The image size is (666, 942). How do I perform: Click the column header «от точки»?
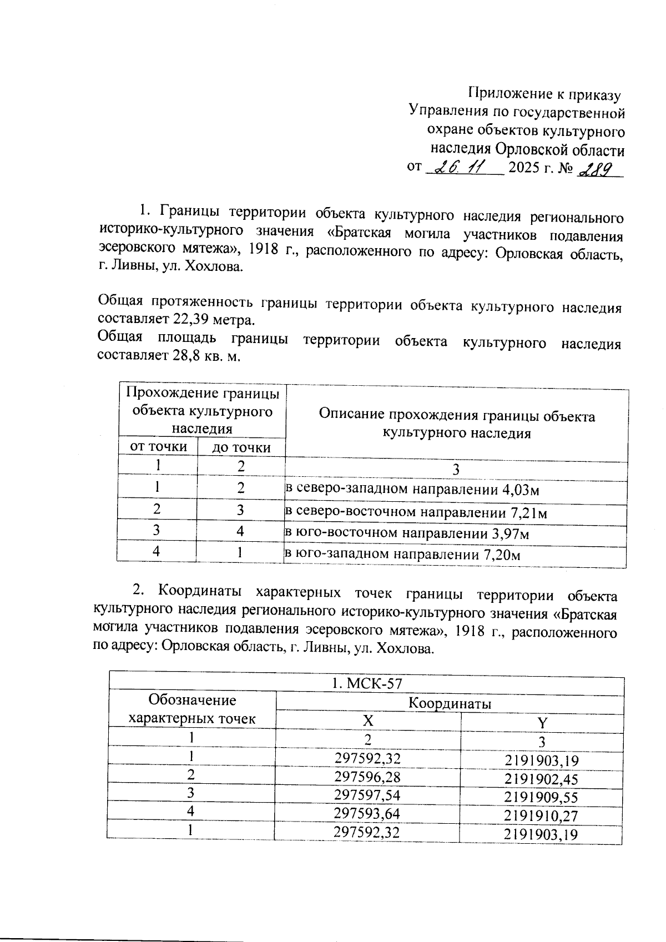coord(158,446)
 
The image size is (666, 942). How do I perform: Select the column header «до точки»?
coord(241,447)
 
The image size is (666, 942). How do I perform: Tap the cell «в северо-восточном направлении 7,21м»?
coord(416,512)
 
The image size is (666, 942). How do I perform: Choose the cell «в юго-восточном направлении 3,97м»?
coord(407,534)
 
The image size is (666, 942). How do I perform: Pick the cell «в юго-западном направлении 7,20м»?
coord(402,554)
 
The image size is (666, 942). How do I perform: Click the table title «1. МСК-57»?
coord(366,683)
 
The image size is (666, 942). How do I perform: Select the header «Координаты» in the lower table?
coord(450,703)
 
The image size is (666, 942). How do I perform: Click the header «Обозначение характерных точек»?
coord(192,709)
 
